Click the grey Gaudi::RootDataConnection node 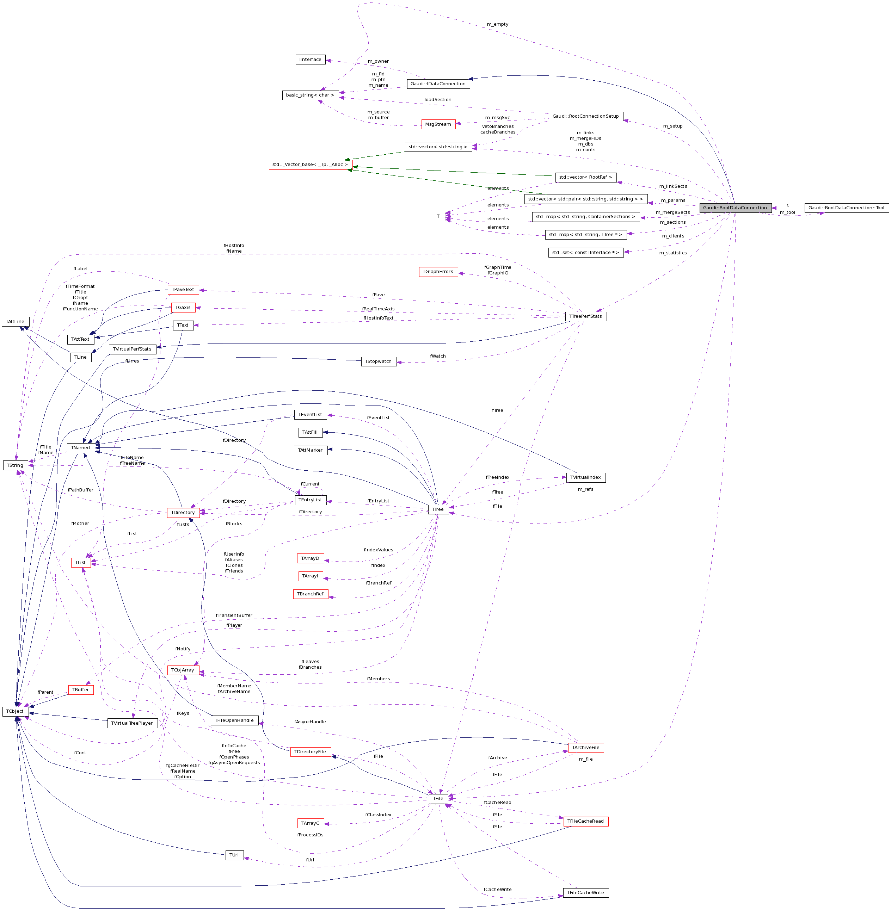click(x=735, y=208)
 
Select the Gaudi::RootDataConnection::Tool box click(x=846, y=208)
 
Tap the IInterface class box click(x=310, y=60)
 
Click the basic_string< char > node click(x=310, y=95)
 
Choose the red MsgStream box click(x=438, y=124)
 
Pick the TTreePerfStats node click(x=585, y=316)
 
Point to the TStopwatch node click(x=378, y=362)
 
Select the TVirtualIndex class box click(x=585, y=477)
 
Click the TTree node click(x=438, y=509)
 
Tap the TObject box click(x=15, y=711)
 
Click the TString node click(x=15, y=465)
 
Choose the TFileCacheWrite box click(x=585, y=893)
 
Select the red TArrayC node click(x=310, y=823)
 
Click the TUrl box click(x=234, y=855)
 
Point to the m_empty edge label click(x=497, y=24)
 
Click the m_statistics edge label click(x=673, y=253)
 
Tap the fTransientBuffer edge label click(x=234, y=615)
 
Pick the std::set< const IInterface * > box click(x=585, y=253)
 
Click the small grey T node click(x=438, y=216)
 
